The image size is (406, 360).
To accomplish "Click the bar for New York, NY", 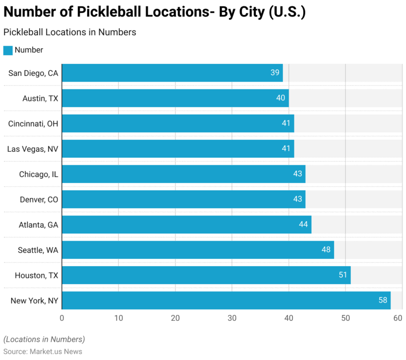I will pyautogui.click(x=226, y=300).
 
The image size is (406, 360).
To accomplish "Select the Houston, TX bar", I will pyautogui.click(x=206, y=275).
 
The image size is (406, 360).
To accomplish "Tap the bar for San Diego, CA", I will pyautogui.click(x=172, y=73).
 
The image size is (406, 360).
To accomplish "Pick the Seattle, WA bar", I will pyautogui.click(x=198, y=250).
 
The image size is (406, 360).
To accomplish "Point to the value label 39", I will pyautogui.click(x=275, y=73).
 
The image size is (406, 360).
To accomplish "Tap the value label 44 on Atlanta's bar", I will pyautogui.click(x=304, y=225).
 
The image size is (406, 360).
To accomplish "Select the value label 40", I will pyautogui.click(x=281, y=98).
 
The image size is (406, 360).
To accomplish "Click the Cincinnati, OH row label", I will pyautogui.click(x=33, y=124).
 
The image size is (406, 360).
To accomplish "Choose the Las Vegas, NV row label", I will pyautogui.click(x=32, y=149).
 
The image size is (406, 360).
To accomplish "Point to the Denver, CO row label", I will pyautogui.click(x=39, y=199).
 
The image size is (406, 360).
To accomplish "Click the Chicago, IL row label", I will pyautogui.click(x=39, y=174).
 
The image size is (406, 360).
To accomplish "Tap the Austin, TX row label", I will pyautogui.click(x=40, y=99).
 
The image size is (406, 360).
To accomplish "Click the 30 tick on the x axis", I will pyautogui.click(x=232, y=318).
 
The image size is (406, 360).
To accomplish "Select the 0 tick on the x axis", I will pyautogui.click(x=62, y=318).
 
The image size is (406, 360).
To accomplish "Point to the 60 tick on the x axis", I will pyautogui.click(x=398, y=318).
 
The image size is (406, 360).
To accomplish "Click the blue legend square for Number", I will pyautogui.click(x=8, y=50).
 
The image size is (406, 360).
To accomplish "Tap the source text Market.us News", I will pyautogui.click(x=56, y=351).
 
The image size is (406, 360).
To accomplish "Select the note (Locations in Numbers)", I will pyautogui.click(x=44, y=339).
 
